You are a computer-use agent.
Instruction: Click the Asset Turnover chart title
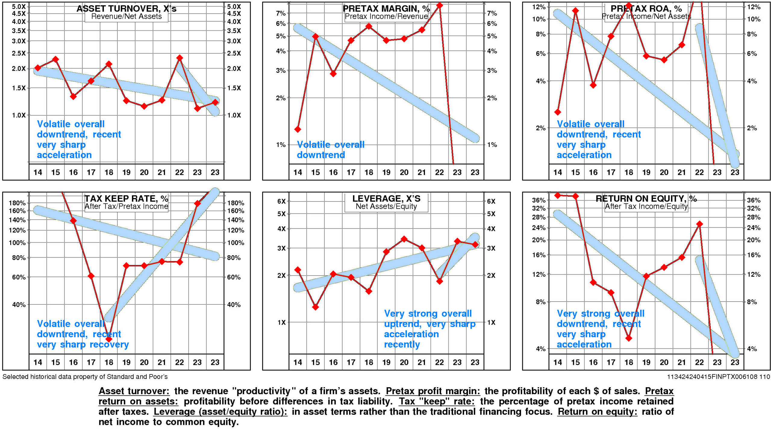pos(126,9)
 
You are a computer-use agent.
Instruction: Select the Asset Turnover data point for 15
pos(55,59)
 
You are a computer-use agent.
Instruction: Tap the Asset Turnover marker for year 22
pos(179,58)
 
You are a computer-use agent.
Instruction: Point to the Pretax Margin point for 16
pos(333,73)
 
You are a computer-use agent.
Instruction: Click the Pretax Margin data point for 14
pos(298,129)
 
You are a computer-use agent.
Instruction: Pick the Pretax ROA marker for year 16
pos(593,85)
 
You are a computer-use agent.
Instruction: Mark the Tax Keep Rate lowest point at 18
pos(109,339)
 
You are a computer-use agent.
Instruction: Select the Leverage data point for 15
pos(315,307)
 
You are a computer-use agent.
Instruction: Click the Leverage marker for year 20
pos(404,239)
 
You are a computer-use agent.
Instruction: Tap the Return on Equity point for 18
pos(629,338)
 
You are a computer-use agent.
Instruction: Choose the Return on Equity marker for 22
pos(699,224)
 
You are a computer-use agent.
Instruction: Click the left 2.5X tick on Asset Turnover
pos(19,53)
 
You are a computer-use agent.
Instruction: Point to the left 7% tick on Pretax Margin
pos(281,13)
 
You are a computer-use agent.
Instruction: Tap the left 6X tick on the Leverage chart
pos(281,201)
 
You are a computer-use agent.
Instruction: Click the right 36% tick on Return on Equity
pos(754,200)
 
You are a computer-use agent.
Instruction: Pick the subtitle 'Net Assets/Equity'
pos(386,206)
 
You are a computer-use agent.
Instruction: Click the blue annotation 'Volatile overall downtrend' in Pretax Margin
pos(330,149)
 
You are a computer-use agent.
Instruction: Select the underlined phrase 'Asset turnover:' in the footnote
pos(134,391)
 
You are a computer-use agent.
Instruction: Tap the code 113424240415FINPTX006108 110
pos(718,377)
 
